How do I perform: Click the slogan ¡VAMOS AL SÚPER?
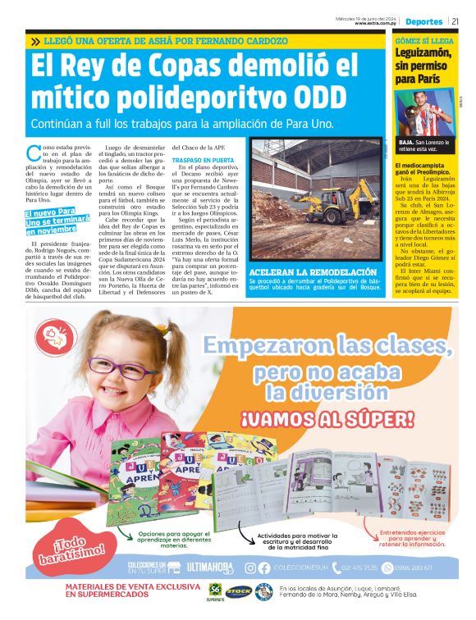click(x=327, y=421)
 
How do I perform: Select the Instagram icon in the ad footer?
click(x=250, y=568)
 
